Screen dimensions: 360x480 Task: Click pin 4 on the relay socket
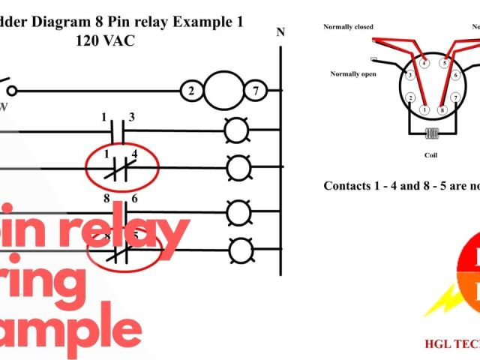[x=424, y=63]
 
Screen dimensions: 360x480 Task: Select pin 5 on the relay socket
[x=444, y=63]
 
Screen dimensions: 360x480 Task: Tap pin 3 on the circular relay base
[x=409, y=76]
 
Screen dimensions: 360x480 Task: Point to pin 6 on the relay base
[x=456, y=76]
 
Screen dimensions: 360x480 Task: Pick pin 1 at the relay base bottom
[x=424, y=110]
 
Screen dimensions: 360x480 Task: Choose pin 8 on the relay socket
[x=443, y=110]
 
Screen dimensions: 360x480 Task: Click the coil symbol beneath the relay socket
[x=431, y=136]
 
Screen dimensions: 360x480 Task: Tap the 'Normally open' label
[x=352, y=73]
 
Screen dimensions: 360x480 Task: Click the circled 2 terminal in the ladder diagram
[x=190, y=91]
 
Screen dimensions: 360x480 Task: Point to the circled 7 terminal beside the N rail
[x=255, y=91]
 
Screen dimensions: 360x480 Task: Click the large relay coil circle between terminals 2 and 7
[x=223, y=91]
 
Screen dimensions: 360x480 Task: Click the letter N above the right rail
[x=280, y=31]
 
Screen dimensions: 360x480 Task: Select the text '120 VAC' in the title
[x=106, y=41]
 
